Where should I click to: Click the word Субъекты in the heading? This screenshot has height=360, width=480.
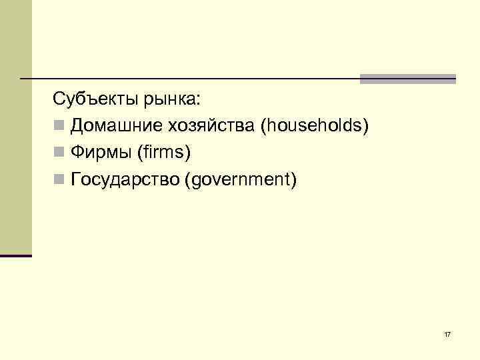pyautogui.click(x=95, y=100)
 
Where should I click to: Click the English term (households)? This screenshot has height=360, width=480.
pyautogui.click(x=315, y=126)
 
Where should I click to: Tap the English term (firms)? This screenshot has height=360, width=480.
pyautogui.click(x=163, y=153)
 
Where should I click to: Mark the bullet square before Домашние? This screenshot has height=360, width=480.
pyautogui.click(x=59, y=126)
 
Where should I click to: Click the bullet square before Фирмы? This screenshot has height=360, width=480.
pyautogui.click(x=59, y=153)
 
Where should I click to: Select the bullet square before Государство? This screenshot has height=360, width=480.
pyautogui.click(x=59, y=179)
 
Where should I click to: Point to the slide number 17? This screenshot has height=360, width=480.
pyautogui.click(x=447, y=333)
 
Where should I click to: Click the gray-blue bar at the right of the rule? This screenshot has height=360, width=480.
pyautogui.click(x=407, y=79)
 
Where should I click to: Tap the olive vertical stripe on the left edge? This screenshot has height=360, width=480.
pyautogui.click(x=15, y=127)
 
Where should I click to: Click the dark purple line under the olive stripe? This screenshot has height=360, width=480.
pyautogui.click(x=15, y=255)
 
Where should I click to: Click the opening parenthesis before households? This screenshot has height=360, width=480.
pyautogui.click(x=265, y=126)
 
